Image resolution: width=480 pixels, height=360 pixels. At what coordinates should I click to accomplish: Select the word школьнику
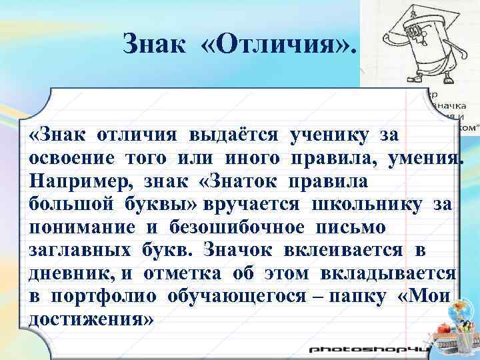(365, 204)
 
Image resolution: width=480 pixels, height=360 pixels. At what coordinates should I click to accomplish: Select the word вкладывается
(399, 273)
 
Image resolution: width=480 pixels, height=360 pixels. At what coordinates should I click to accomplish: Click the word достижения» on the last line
(91, 319)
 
